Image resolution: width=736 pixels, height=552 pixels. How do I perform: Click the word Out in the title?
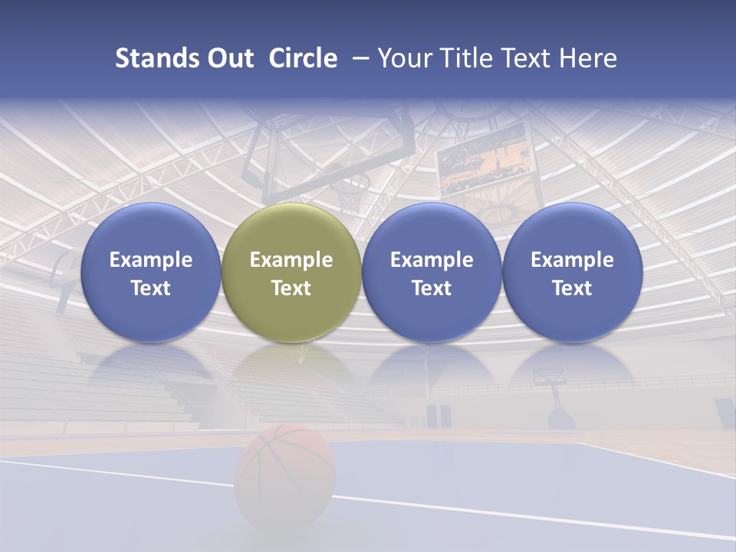tap(228, 58)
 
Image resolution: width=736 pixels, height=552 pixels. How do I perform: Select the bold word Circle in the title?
tap(303, 58)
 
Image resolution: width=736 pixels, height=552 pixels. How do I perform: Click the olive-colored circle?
tap(291, 272)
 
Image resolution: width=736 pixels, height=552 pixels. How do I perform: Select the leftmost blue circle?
tap(150, 272)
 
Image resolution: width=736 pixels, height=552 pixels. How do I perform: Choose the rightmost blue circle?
tap(572, 272)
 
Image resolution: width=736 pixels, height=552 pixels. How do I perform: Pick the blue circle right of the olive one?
tap(432, 272)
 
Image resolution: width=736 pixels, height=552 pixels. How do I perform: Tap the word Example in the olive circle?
tap(291, 260)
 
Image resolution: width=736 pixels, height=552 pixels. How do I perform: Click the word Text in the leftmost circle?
tap(150, 288)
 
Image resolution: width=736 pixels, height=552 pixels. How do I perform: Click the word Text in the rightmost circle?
tap(572, 288)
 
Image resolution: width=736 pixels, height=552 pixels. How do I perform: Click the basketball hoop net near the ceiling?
tap(352, 195)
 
